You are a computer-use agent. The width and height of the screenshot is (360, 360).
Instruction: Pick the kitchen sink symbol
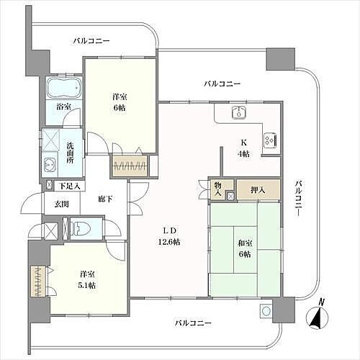tap(239, 112)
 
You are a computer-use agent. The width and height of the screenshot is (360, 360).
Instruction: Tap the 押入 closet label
tap(257, 189)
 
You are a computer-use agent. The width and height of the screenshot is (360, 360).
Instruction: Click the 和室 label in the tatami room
tap(244, 243)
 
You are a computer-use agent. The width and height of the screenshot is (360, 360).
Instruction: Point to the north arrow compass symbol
tap(315, 316)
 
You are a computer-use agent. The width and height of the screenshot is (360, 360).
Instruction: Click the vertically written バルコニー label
tap(298, 202)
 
